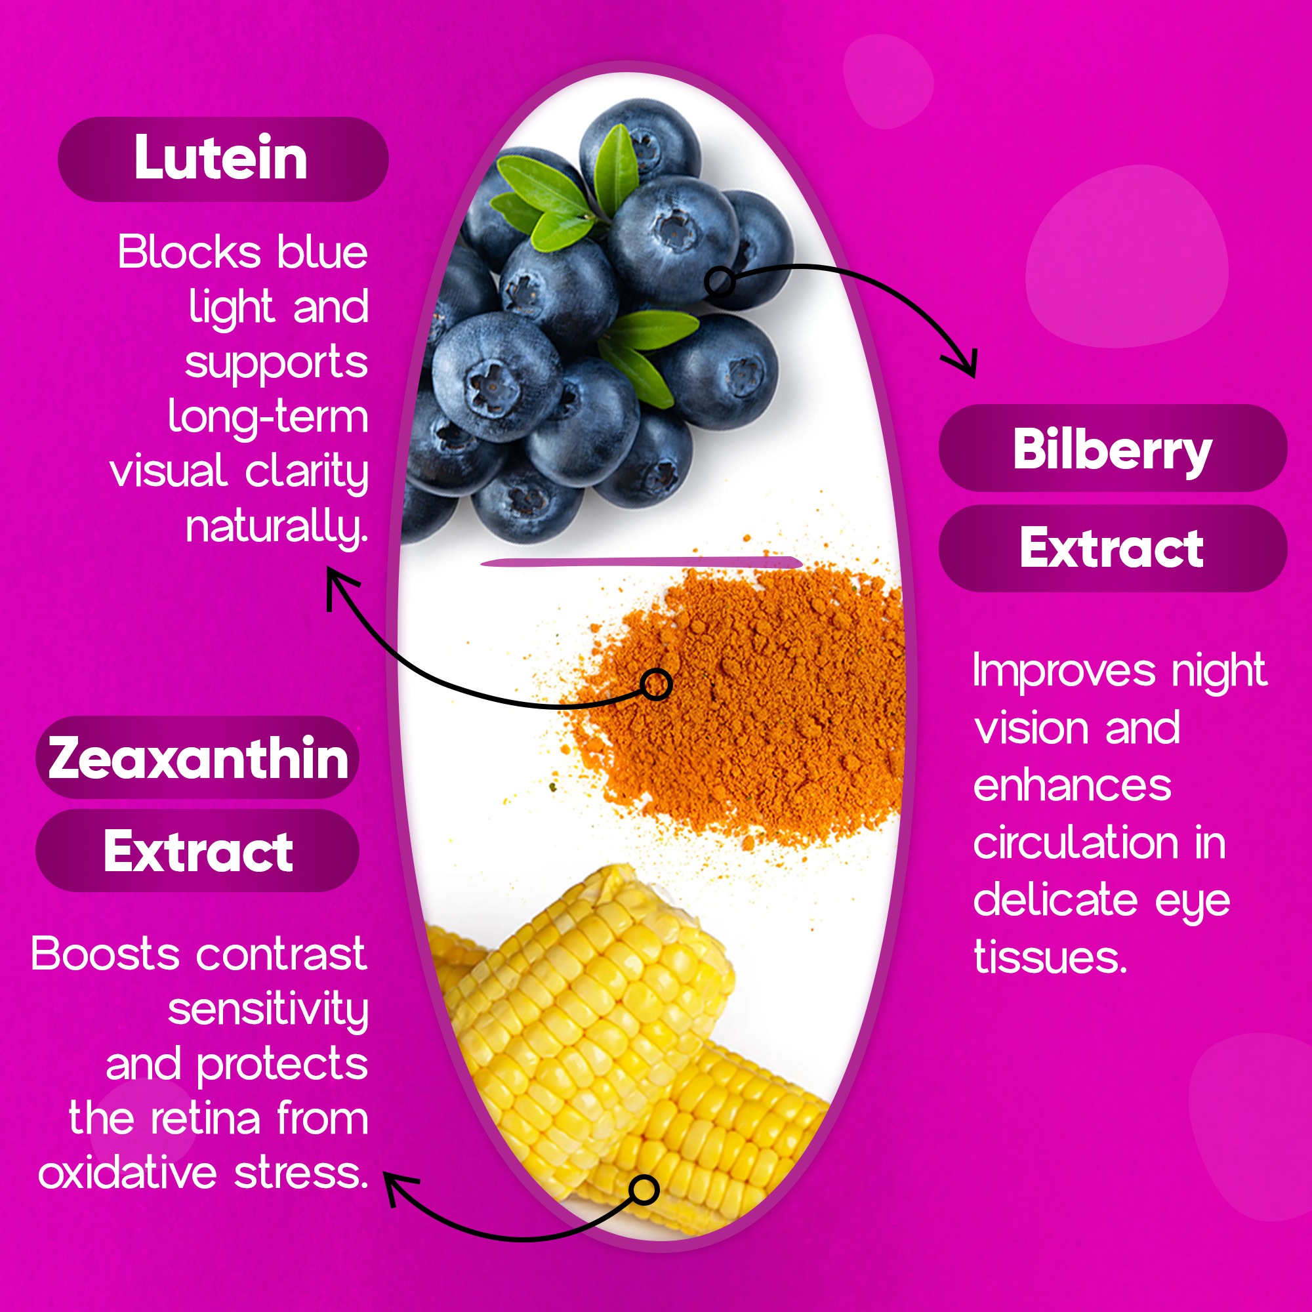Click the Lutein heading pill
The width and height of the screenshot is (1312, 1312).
[224, 159]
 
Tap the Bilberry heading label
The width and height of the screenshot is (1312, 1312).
[1113, 448]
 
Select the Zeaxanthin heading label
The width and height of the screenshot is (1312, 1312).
[197, 757]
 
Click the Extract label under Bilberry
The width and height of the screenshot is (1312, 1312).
[1113, 548]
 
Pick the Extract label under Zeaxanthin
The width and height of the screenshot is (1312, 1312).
[197, 851]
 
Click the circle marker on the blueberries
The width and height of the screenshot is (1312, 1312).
[720, 281]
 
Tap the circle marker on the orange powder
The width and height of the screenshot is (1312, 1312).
[657, 684]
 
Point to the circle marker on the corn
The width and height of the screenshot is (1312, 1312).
[644, 1190]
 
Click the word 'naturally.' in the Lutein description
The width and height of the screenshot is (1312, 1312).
[277, 527]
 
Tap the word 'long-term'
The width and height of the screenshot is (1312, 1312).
[268, 417]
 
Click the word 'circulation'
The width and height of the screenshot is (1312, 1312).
[1076, 843]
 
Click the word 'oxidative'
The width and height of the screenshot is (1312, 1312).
[128, 1173]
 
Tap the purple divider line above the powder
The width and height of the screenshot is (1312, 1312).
[641, 562]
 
